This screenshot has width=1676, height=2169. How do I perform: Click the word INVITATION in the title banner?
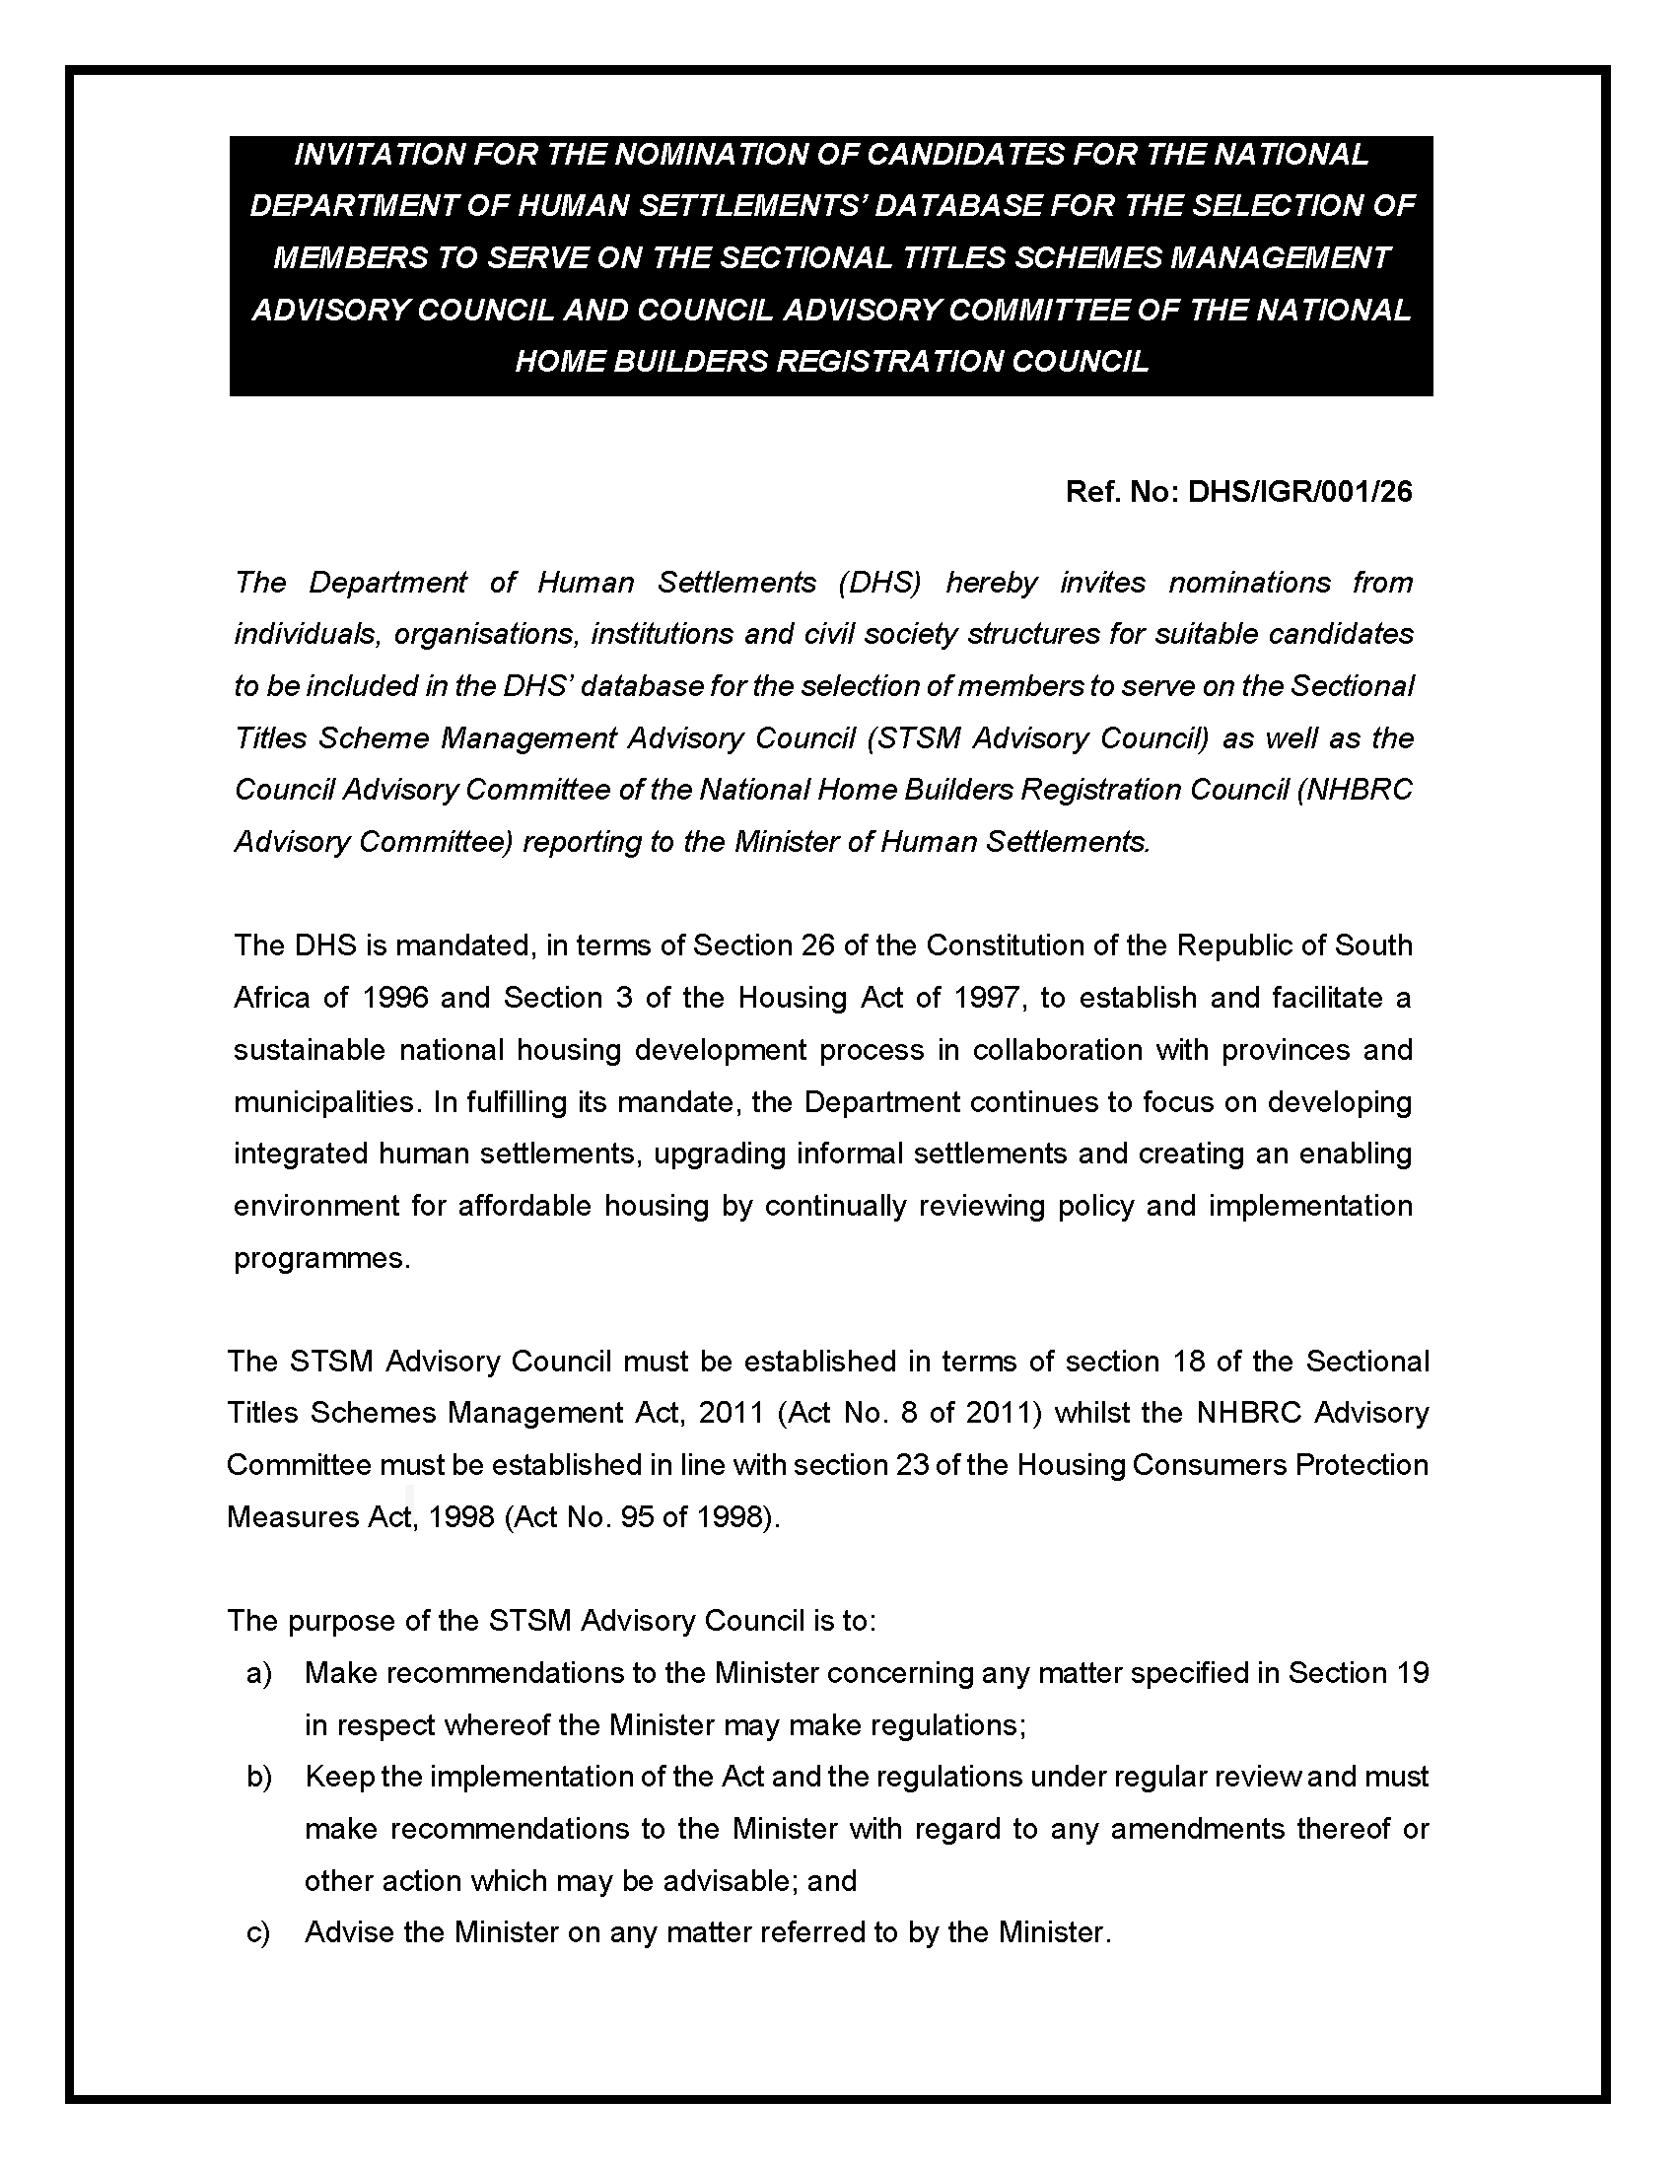[x=379, y=155]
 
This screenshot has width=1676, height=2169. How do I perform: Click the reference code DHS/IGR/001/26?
[x=1299, y=492]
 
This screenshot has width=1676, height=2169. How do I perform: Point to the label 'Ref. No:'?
[x=1121, y=492]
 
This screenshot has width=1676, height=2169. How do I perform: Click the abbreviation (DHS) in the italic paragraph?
[x=879, y=583]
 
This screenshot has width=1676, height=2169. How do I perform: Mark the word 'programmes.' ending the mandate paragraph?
[x=321, y=1258]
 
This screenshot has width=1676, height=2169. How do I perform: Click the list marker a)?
[x=259, y=1673]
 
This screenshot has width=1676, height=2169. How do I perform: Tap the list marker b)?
[x=259, y=1777]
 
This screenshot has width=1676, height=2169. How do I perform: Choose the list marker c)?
[x=259, y=1932]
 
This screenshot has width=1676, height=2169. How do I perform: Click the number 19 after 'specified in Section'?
[x=1411, y=1673]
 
